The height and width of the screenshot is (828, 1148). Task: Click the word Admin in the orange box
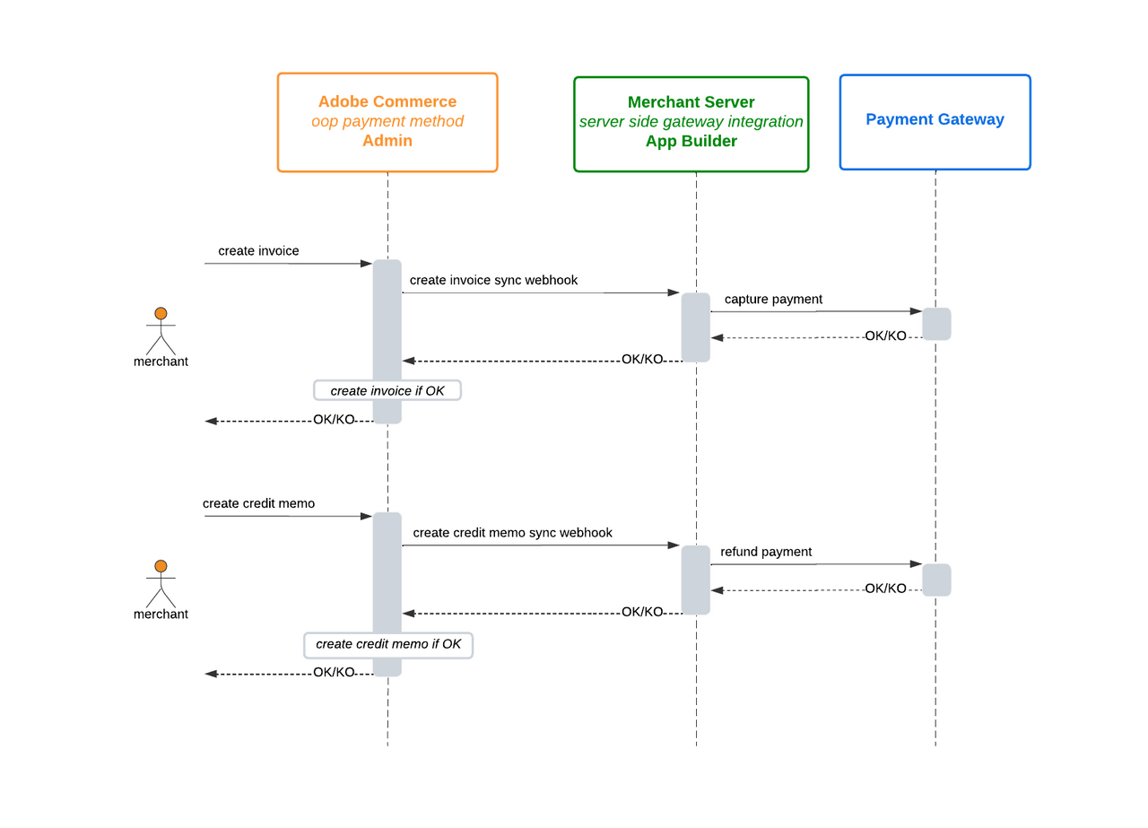point(387,141)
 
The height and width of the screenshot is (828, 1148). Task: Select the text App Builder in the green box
point(691,142)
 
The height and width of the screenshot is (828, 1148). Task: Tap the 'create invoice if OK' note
point(387,390)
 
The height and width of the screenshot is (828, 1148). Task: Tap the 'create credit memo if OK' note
point(388,644)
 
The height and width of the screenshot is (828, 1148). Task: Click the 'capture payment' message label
point(772,300)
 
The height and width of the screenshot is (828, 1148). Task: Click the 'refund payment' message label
point(766,552)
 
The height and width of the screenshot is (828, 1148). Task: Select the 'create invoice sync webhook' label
point(493,280)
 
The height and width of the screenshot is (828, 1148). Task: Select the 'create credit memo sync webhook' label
point(512,533)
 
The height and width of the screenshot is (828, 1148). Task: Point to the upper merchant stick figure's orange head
point(161,313)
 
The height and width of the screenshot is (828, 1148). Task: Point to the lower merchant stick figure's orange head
point(161,566)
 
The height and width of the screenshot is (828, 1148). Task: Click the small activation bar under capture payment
point(936,324)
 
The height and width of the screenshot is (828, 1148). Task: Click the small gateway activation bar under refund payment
point(936,580)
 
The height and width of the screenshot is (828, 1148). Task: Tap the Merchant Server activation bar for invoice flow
point(695,327)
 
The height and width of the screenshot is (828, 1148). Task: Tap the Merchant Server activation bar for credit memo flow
point(695,580)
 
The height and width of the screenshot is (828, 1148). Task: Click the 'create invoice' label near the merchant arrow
point(258,251)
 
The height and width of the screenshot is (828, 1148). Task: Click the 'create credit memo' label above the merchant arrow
point(258,503)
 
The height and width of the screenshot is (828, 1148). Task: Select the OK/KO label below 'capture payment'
point(885,336)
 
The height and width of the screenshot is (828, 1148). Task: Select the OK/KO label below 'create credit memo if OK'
point(334,672)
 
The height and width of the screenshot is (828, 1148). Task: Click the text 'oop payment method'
point(387,121)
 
